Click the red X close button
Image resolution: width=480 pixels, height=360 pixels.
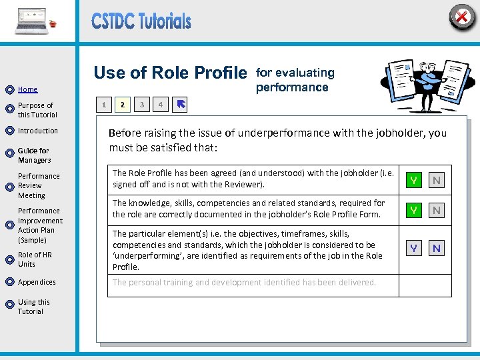(x=461, y=16)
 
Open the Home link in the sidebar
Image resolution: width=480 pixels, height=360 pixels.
(x=27, y=89)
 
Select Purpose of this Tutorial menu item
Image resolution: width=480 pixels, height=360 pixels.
(x=37, y=110)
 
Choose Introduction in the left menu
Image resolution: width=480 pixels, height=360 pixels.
(x=38, y=131)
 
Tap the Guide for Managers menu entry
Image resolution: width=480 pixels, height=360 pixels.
(x=34, y=155)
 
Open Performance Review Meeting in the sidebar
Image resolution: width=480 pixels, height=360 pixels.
(x=39, y=186)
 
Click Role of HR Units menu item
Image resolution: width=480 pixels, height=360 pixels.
(x=35, y=259)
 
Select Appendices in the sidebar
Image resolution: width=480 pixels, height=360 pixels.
(x=37, y=282)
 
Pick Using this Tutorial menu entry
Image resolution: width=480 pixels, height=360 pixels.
(x=33, y=307)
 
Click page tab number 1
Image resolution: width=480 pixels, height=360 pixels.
(x=103, y=104)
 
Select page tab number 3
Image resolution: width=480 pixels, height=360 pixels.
(x=141, y=104)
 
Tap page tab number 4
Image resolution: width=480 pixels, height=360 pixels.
(x=160, y=104)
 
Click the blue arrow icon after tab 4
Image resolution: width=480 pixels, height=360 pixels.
(x=181, y=104)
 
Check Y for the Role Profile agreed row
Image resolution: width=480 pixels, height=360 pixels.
(x=414, y=180)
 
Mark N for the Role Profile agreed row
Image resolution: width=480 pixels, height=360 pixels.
(x=437, y=180)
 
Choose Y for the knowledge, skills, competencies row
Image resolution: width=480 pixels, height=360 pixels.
(x=414, y=210)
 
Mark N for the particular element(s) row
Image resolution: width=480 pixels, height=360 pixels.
(x=437, y=248)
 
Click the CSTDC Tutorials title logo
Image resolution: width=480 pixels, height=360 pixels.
(x=141, y=21)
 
